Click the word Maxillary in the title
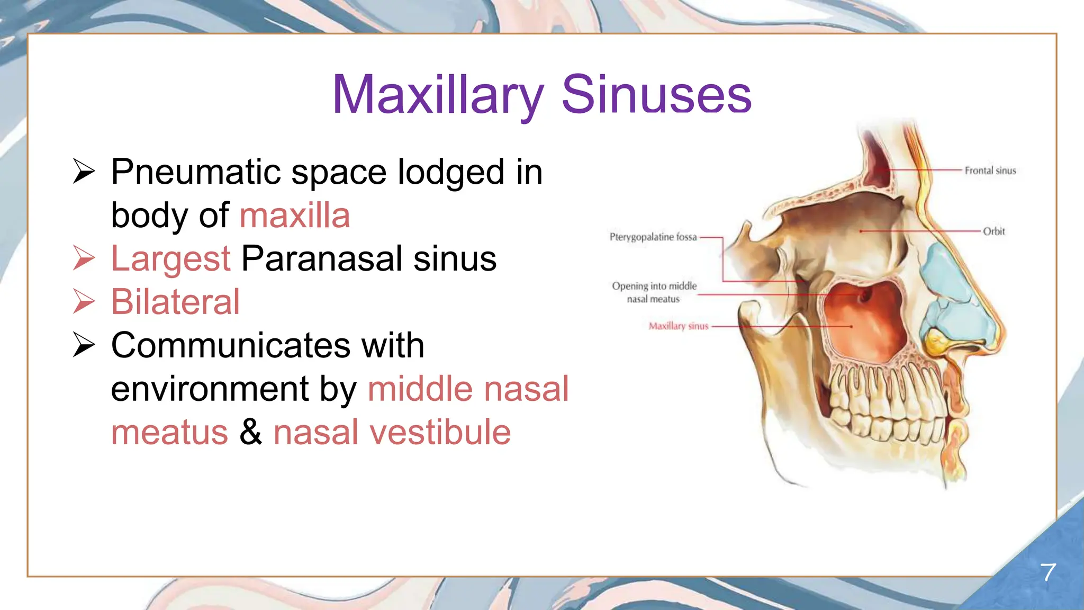pos(438,95)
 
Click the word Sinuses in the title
pos(656,95)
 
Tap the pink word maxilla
pos(295,216)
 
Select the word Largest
pos(170,259)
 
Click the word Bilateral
pos(175,302)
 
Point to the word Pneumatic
pos(195,172)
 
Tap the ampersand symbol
pos(250,432)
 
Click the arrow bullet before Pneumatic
pos(84,172)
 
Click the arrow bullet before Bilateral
pos(84,302)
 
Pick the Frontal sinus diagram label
pos(990,171)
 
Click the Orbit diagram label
pos(993,231)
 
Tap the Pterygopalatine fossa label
pos(653,237)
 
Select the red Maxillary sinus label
pos(678,326)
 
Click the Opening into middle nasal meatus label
pos(654,292)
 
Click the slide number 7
pos(1047,572)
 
